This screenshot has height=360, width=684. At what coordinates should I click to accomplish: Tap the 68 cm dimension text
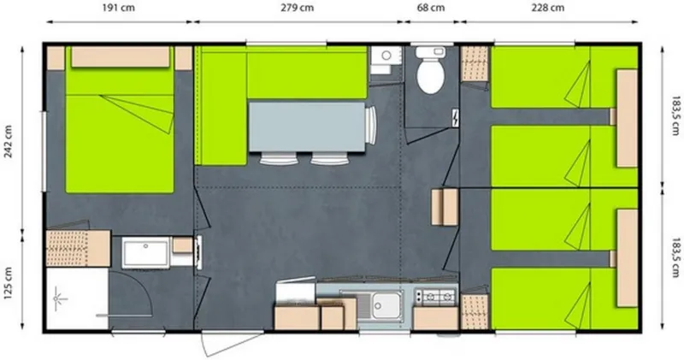pyautogui.click(x=430, y=8)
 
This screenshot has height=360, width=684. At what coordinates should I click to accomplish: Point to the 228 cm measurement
pyautogui.click(x=547, y=8)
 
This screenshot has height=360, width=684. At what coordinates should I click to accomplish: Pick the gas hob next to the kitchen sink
pyautogui.click(x=434, y=297)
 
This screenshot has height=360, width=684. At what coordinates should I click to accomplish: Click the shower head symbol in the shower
pyautogui.click(x=60, y=298)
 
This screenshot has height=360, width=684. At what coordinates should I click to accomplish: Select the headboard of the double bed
pyautogui.click(x=120, y=56)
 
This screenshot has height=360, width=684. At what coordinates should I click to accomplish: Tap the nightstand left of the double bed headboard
pyautogui.click(x=55, y=58)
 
